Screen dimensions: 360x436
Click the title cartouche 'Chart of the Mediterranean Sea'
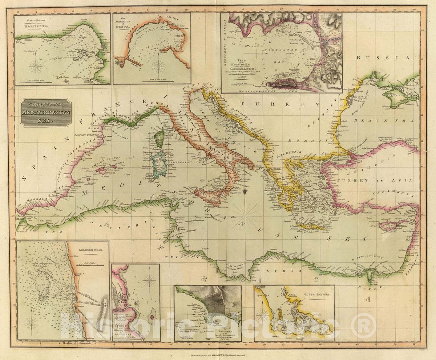[x=46, y=112]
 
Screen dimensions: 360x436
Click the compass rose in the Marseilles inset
[x=36, y=67]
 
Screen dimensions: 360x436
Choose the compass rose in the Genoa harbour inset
[x=158, y=67]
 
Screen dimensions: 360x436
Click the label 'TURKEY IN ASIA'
[x=374, y=181]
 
